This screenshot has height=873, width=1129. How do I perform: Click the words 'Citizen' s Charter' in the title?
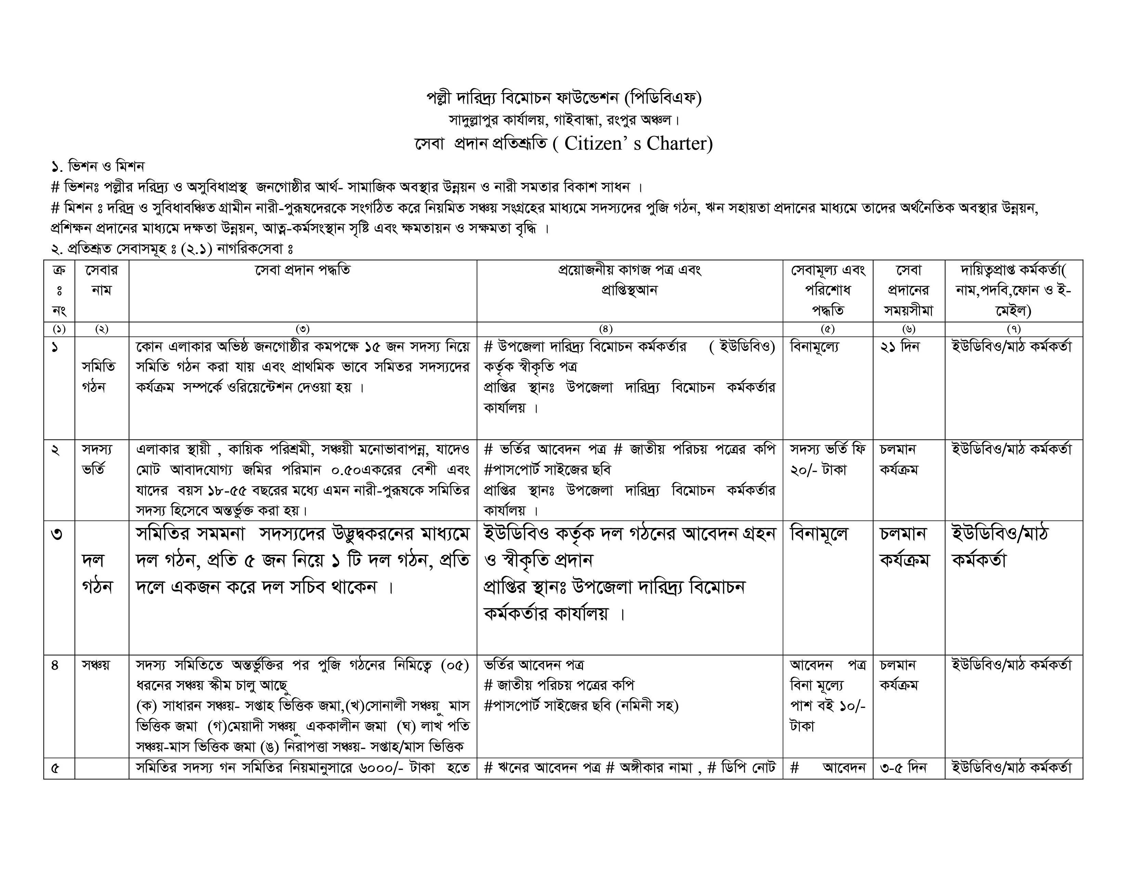point(638,143)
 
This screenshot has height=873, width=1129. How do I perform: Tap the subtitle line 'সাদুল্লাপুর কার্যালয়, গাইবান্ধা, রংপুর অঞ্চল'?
point(563,120)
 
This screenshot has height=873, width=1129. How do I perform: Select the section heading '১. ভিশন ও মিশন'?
point(98,166)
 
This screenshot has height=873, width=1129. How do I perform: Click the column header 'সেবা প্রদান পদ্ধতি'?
point(302,270)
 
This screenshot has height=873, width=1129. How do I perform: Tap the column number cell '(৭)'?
point(1013,329)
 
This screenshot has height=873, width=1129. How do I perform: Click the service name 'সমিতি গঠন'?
point(98,377)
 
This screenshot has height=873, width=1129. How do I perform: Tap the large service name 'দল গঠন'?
point(97,573)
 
